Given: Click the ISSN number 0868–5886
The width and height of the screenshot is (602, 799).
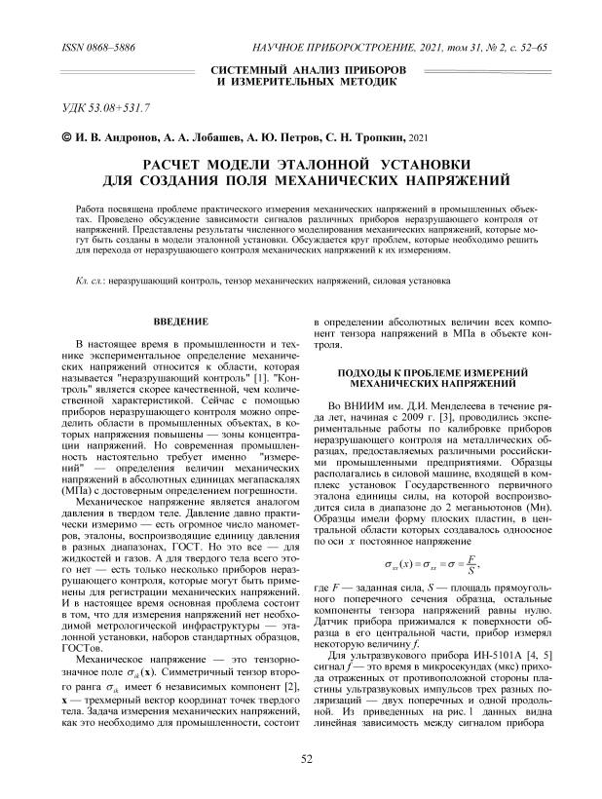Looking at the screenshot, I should click(103, 47).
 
